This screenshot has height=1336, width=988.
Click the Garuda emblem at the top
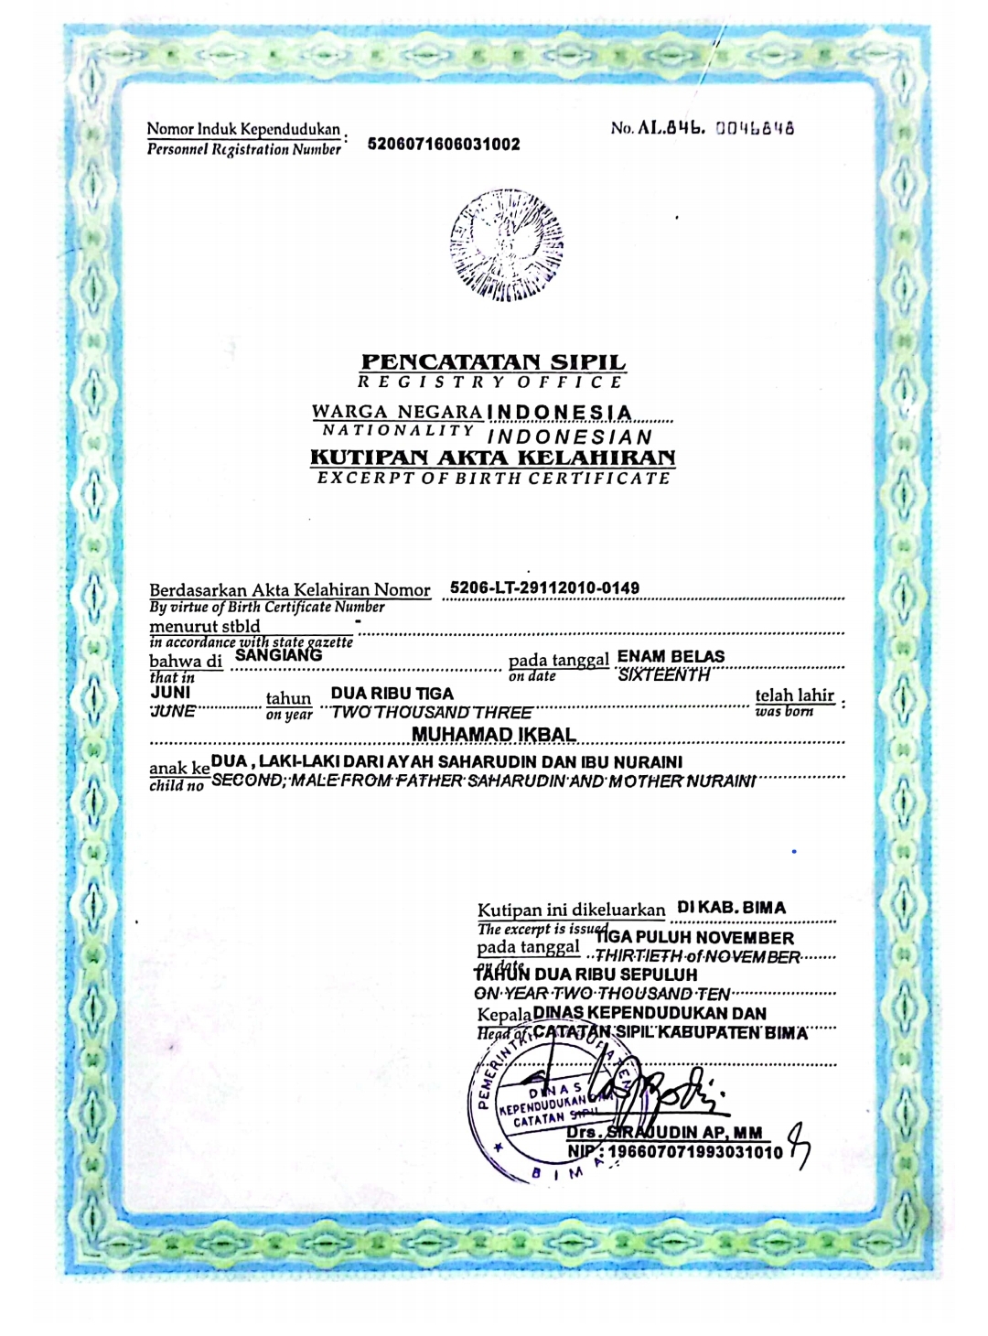pyautogui.click(x=506, y=244)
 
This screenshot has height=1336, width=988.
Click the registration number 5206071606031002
pyautogui.click(x=444, y=144)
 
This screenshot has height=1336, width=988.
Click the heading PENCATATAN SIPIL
pyautogui.click(x=494, y=362)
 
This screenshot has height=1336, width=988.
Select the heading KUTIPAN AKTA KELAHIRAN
pyautogui.click(x=493, y=457)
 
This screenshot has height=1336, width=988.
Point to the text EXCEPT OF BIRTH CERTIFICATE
pyautogui.click(x=493, y=478)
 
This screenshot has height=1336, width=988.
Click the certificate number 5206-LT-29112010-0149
pyautogui.click(x=545, y=587)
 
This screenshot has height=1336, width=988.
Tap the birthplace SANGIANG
pyautogui.click(x=279, y=654)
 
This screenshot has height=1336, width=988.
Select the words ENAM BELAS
pyautogui.click(x=671, y=656)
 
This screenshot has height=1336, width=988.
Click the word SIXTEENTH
pyautogui.click(x=664, y=675)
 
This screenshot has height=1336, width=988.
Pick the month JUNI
pyautogui.click(x=170, y=692)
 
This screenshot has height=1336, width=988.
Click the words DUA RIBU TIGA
pyautogui.click(x=392, y=694)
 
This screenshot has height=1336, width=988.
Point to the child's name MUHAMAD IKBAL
pyautogui.click(x=494, y=735)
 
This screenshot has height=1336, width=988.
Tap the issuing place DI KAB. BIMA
pyautogui.click(x=731, y=908)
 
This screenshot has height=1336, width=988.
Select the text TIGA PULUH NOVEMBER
pyautogui.click(x=695, y=938)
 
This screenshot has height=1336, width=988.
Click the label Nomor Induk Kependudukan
pyautogui.click(x=243, y=130)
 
